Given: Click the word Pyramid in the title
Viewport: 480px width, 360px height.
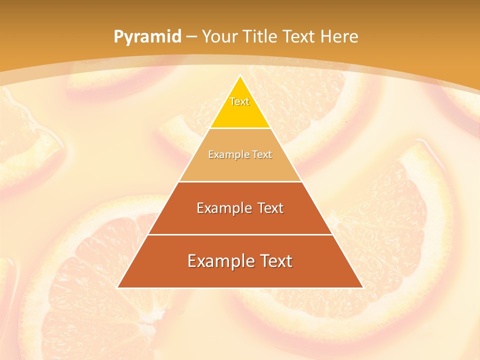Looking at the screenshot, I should (x=147, y=37).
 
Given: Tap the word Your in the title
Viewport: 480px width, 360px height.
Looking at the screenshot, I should (x=220, y=37).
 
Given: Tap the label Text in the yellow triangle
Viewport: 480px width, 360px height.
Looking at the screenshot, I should (x=239, y=101).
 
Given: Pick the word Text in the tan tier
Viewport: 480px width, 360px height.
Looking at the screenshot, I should (x=262, y=154).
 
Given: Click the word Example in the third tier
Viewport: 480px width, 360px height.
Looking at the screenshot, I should (x=220, y=208).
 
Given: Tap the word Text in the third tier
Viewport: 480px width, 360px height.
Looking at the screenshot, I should (x=268, y=208).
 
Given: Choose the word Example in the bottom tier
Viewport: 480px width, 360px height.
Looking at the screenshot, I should (x=215, y=261).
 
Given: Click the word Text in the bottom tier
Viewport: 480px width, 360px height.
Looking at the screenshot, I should (x=273, y=261).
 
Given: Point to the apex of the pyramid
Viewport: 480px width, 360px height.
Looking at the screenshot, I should (x=240, y=76).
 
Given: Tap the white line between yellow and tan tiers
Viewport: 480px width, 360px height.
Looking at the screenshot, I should (x=240, y=128).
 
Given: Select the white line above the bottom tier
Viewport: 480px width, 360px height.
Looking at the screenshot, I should (x=240, y=234).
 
